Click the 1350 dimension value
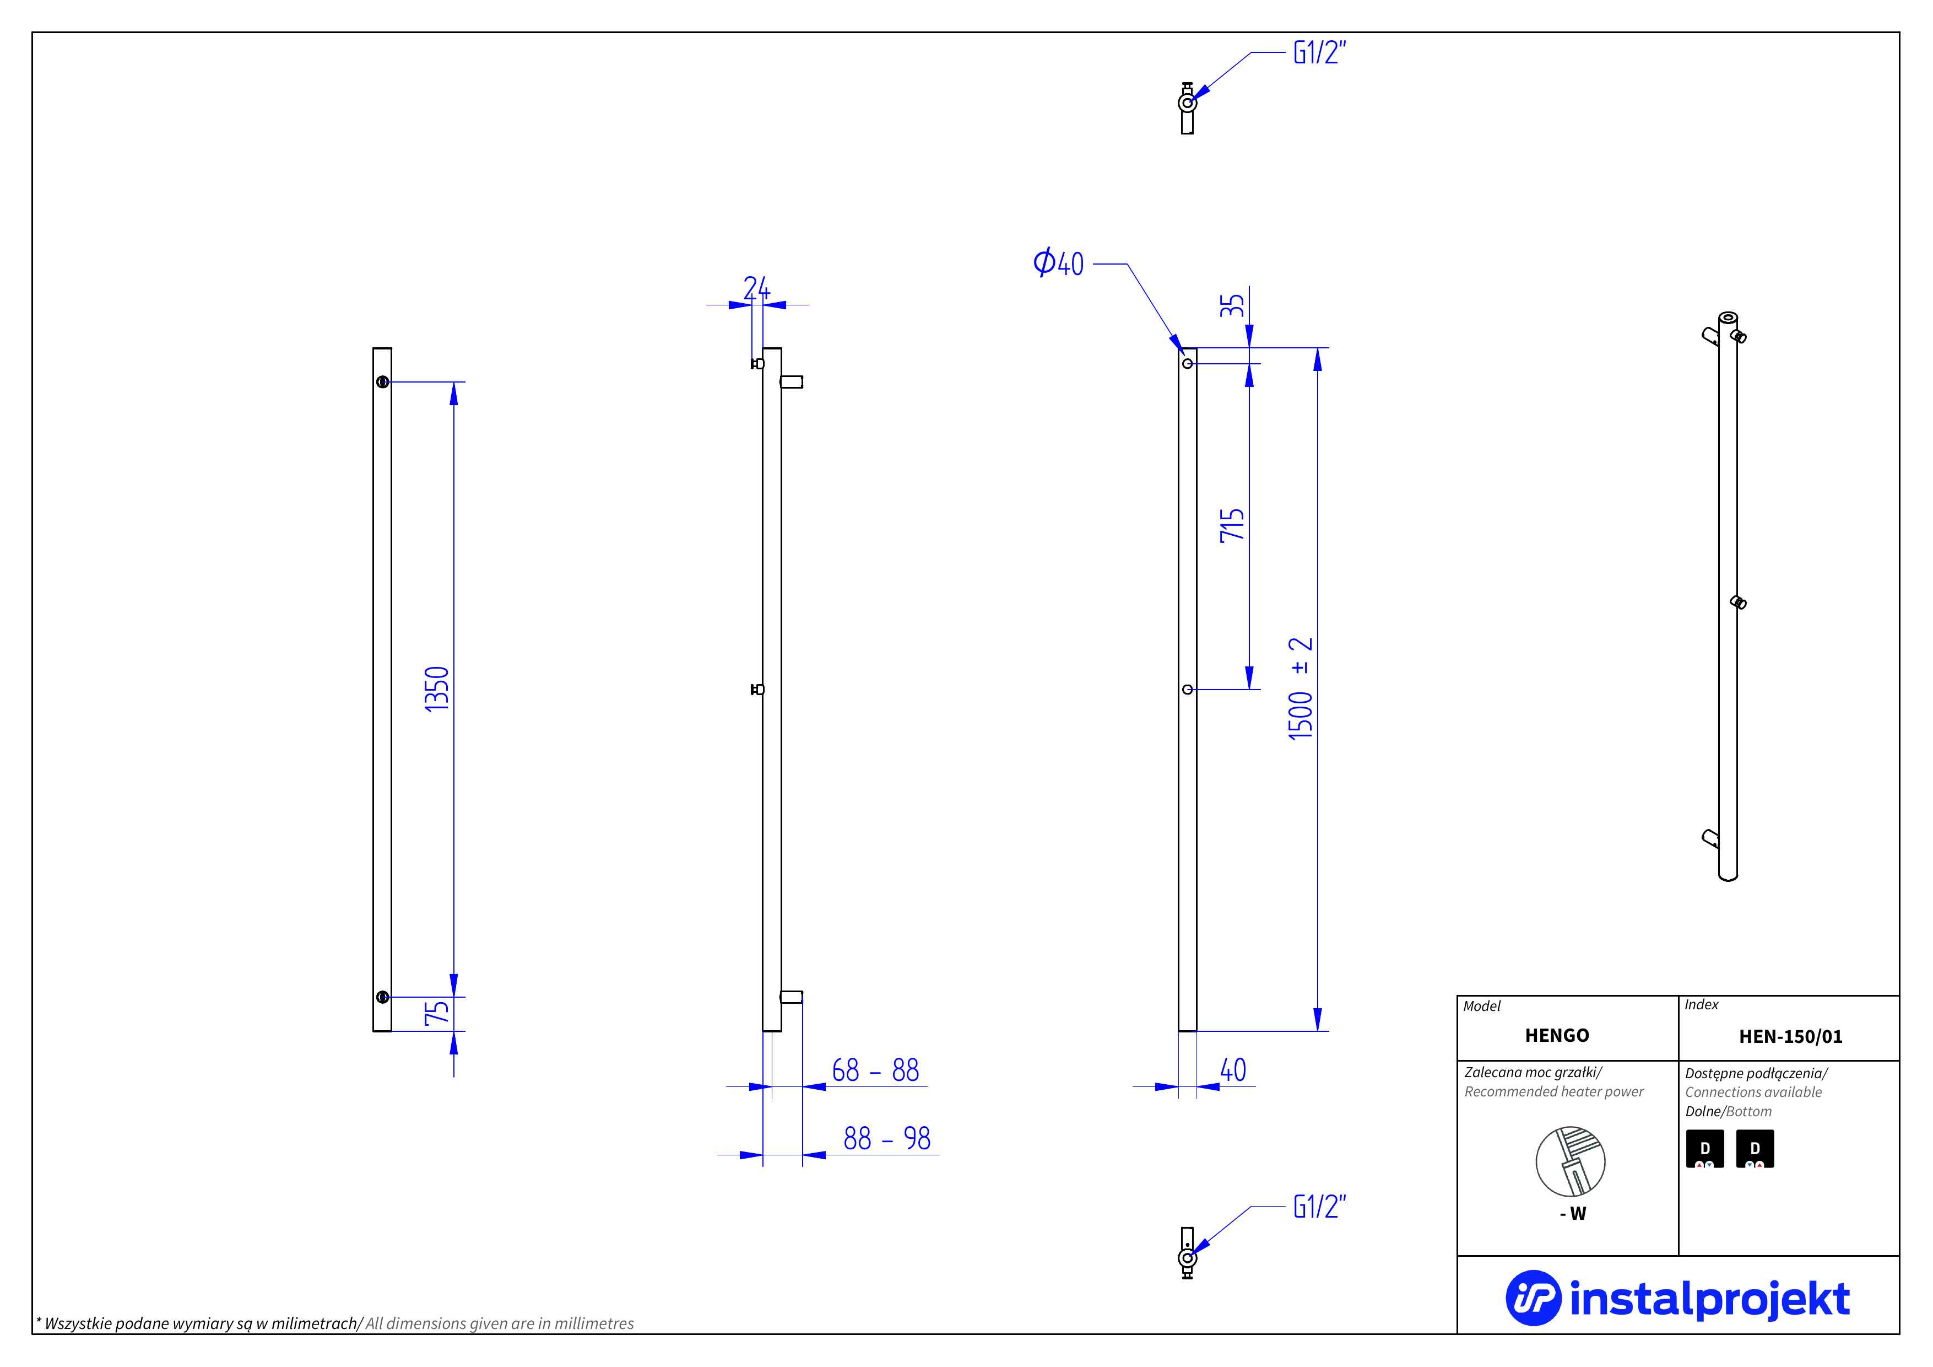point(436,689)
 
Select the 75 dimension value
point(436,1013)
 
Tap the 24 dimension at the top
point(756,289)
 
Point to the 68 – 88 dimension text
point(875,1070)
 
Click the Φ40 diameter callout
point(1058,263)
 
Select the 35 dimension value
point(1232,305)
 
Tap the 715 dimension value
point(1232,525)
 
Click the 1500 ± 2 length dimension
point(1301,689)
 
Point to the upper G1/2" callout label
point(1319,53)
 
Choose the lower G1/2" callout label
point(1319,1207)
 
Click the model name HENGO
point(1557,1035)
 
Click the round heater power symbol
point(1570,1161)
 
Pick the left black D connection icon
point(1705,1149)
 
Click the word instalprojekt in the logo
point(1709,1299)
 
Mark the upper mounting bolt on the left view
point(382,381)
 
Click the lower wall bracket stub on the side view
point(792,997)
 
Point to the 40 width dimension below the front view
point(1232,1070)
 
